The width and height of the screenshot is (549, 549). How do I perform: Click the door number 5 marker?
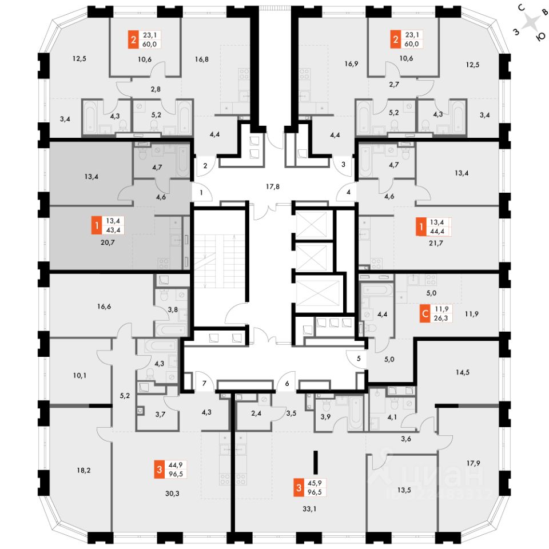click(359, 359)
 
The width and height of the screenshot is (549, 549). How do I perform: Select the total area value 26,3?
click(441, 319)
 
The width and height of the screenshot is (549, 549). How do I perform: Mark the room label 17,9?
click(472, 464)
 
